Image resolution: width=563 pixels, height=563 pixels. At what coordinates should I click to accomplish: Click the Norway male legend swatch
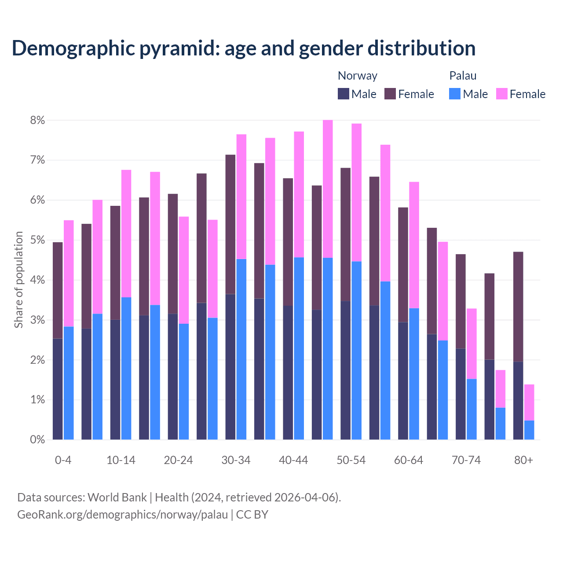(x=344, y=94)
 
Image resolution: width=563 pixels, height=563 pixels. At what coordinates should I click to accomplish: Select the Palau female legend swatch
(x=502, y=94)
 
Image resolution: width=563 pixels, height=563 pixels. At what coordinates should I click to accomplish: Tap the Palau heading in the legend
(x=463, y=76)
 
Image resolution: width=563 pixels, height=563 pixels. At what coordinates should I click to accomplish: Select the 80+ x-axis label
(x=523, y=460)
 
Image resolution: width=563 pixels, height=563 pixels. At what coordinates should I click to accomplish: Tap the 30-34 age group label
(x=236, y=460)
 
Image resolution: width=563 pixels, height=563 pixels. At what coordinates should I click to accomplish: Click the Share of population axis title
(x=19, y=280)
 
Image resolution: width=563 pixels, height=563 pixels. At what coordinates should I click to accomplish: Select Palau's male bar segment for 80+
(x=529, y=430)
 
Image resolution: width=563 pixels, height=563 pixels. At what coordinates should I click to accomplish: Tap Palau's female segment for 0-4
(x=69, y=273)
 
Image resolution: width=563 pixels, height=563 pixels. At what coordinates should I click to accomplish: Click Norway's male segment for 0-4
(x=58, y=389)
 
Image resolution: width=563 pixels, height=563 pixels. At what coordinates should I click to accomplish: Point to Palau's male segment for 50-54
(x=357, y=350)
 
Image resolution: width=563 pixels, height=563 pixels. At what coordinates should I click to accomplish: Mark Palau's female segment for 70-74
(x=472, y=344)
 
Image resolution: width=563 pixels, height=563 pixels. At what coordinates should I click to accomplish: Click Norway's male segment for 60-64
(x=403, y=381)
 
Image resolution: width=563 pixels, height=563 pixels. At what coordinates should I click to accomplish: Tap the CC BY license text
(x=252, y=515)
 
